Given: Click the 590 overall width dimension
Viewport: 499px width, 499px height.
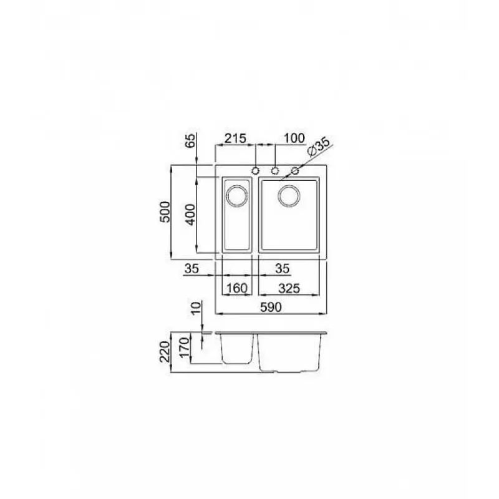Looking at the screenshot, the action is coord(271,307).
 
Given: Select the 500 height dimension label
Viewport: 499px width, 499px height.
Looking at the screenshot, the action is coord(165,211).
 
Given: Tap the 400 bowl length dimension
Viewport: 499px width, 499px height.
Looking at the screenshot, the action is coord(190,215).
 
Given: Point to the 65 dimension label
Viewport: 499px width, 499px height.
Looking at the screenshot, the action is coord(190,141).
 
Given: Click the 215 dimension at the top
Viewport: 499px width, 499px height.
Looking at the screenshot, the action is coord(236,138).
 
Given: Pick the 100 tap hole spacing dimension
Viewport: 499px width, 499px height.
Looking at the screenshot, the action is coord(294,138).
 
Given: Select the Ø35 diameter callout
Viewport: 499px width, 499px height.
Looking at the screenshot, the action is coord(319,148).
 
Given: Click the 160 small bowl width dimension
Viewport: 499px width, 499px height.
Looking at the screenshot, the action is coord(237,288).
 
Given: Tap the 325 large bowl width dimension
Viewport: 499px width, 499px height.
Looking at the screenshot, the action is coord(289,288).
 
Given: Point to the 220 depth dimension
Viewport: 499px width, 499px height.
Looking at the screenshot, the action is coord(165,351).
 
